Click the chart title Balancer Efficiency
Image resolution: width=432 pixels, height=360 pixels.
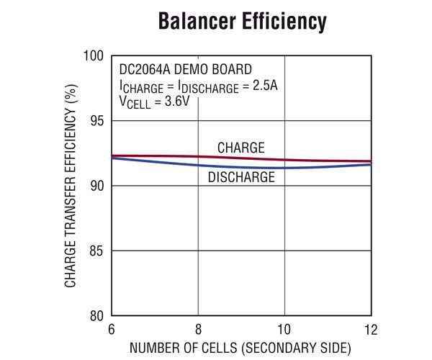pos(242,22)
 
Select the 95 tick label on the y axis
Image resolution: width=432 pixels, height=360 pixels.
pos(97,121)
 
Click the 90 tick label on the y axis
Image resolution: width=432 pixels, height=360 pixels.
pos(97,186)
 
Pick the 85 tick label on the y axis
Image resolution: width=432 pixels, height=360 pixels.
pos(97,251)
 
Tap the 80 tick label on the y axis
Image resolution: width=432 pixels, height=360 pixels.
pos(97,315)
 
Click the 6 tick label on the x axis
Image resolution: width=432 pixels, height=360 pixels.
pos(111,330)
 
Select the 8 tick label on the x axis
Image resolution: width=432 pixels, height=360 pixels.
pos(198,330)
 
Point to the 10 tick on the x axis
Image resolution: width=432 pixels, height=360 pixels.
pos(284,330)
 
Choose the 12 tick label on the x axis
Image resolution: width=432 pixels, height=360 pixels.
pos(371,330)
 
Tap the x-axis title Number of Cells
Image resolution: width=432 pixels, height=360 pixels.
pos(241,348)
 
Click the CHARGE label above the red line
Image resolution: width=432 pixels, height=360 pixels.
pos(241,148)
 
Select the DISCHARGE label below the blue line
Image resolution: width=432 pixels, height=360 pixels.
pos(241,177)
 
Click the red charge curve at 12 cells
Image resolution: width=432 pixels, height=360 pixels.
pos(369,161)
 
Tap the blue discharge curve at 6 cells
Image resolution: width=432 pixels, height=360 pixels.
pos(113,158)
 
